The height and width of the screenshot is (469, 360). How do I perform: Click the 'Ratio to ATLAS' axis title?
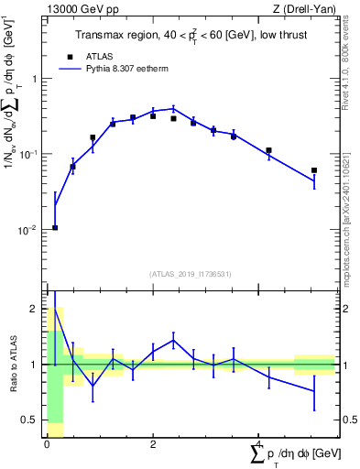click(x=11, y=365)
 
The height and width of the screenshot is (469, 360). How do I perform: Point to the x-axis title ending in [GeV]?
click(x=292, y=454)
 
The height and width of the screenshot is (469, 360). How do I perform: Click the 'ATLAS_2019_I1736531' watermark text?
click(x=191, y=274)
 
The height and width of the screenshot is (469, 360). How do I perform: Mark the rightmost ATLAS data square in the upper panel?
click(x=314, y=170)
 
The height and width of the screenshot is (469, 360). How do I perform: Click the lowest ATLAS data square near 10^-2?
click(x=55, y=227)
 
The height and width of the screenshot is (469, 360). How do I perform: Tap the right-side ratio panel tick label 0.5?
click(x=348, y=420)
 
